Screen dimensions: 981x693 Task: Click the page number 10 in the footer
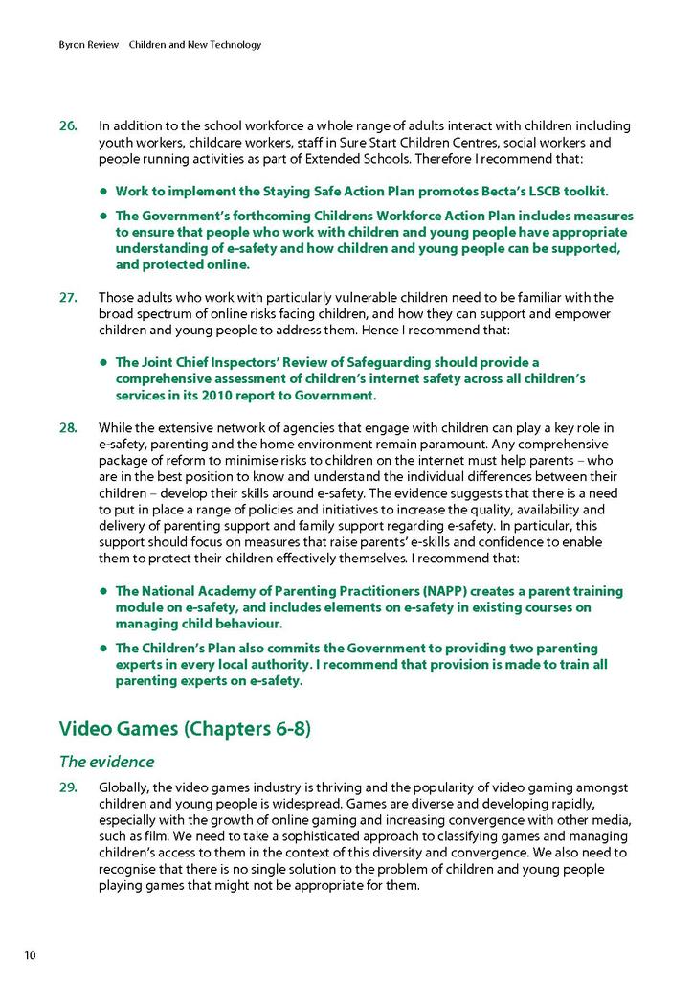[31, 955]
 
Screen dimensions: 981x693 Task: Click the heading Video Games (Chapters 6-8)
[185, 729]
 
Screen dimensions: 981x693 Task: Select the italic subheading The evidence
[106, 763]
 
